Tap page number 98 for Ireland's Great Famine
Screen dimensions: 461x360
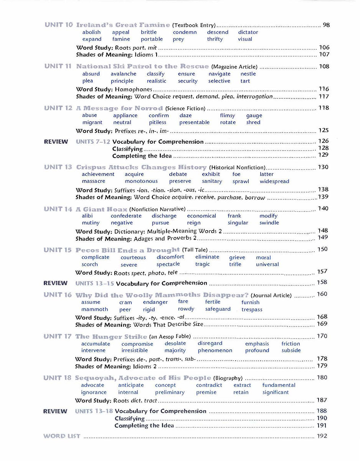tap(326, 25)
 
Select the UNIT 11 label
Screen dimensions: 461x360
tap(58, 66)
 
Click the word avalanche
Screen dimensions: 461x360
tap(123, 74)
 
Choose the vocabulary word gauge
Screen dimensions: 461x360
tap(254, 116)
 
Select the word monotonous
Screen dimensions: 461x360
tap(141, 181)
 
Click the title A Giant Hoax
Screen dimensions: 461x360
tap(101, 209)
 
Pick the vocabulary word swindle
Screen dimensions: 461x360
tap(269, 223)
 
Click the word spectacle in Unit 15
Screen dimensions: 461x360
tap(168, 264)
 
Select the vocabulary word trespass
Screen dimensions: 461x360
tap(252, 309)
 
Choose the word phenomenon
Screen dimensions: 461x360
tap(215, 350)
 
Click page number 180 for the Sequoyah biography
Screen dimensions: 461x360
tap(322, 378)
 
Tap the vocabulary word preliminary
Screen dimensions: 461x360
tap(170, 392)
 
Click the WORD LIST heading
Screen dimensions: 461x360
tap(62, 436)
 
